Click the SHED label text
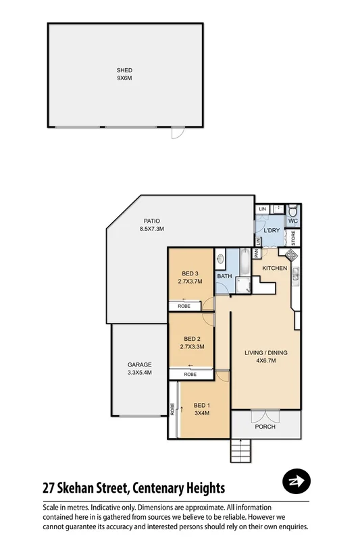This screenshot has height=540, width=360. [124, 70]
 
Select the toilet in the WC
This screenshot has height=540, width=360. [292, 210]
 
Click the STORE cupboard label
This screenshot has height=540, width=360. [293, 237]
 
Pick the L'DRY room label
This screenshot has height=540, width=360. [272, 231]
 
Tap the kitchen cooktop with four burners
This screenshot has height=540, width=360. [290, 255]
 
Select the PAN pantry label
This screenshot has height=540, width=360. [257, 254]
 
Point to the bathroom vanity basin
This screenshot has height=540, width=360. [221, 259]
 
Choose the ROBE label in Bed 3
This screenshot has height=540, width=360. [183, 306]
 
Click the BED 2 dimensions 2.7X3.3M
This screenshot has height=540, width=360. [193, 346]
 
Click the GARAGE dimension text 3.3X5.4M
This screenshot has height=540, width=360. [140, 372]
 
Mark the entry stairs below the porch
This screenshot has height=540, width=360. [241, 448]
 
